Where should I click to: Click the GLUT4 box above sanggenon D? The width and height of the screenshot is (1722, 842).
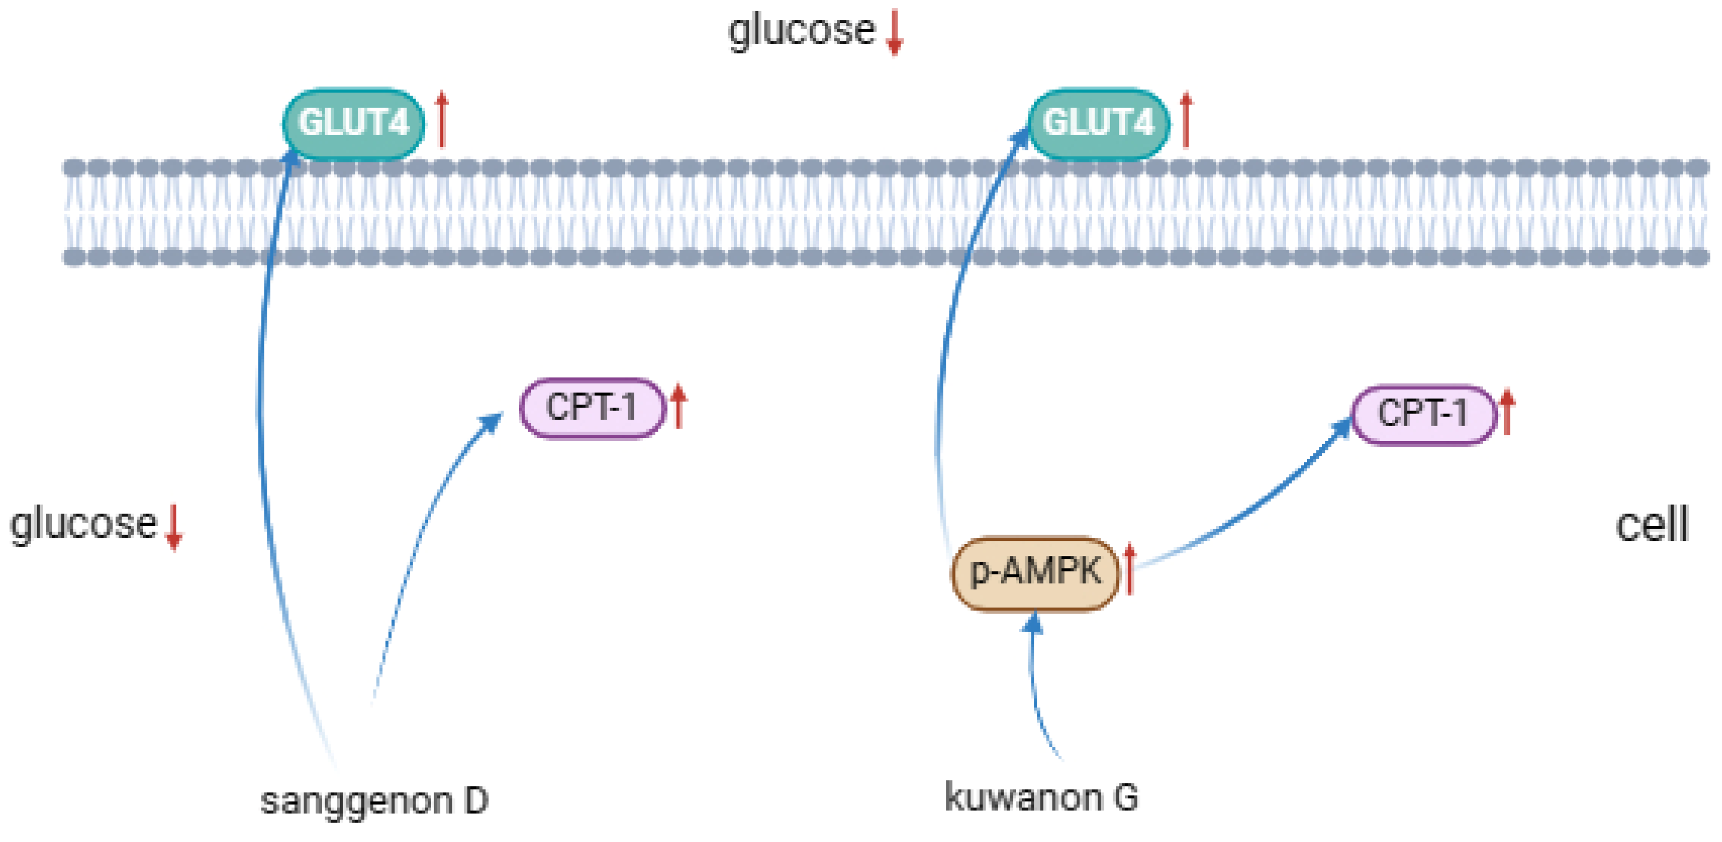pos(353,124)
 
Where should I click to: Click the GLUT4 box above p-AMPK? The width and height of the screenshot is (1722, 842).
pos(1098,124)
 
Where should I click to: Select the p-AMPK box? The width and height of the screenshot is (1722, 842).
pos(1034,573)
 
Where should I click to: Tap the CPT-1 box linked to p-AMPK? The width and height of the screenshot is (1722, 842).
pos(1423,414)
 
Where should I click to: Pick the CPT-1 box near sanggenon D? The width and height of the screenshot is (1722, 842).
pos(592,407)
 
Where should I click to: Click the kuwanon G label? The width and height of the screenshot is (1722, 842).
pos(1041,797)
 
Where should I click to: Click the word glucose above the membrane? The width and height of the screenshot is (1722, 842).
pos(801,31)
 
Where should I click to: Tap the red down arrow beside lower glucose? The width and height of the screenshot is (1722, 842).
pos(174,527)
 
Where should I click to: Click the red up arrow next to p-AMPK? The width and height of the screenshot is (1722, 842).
pos(1130,568)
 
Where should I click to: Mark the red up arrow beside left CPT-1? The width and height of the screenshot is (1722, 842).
pos(679,406)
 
